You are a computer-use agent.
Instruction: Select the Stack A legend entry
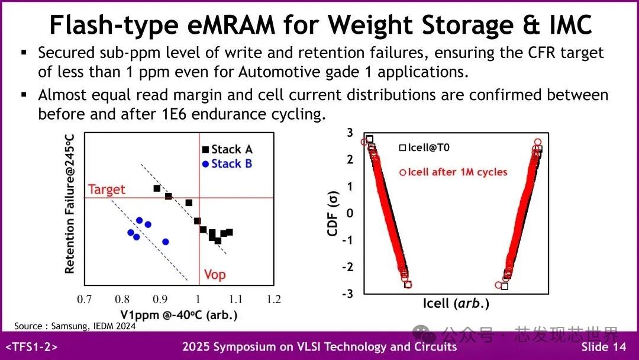click(x=227, y=149)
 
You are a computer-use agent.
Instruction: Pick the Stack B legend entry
click(x=227, y=163)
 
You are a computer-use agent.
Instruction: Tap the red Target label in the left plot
click(x=106, y=189)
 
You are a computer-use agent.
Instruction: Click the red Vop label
click(x=215, y=275)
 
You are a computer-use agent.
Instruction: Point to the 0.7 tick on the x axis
click(x=85, y=300)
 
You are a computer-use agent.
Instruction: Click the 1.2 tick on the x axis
click(x=273, y=300)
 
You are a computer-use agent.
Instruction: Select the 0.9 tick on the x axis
click(x=160, y=300)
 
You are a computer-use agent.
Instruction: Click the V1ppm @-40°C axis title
click(x=179, y=314)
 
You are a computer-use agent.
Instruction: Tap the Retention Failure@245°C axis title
click(x=70, y=204)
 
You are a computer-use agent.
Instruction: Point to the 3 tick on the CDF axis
click(x=350, y=133)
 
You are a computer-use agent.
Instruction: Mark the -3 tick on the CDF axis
click(x=348, y=294)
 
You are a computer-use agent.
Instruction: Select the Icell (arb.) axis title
click(x=456, y=304)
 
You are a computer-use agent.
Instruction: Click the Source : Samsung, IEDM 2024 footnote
click(x=75, y=326)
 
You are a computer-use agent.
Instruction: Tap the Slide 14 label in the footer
click(x=603, y=347)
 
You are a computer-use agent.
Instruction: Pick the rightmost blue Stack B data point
click(x=166, y=242)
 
